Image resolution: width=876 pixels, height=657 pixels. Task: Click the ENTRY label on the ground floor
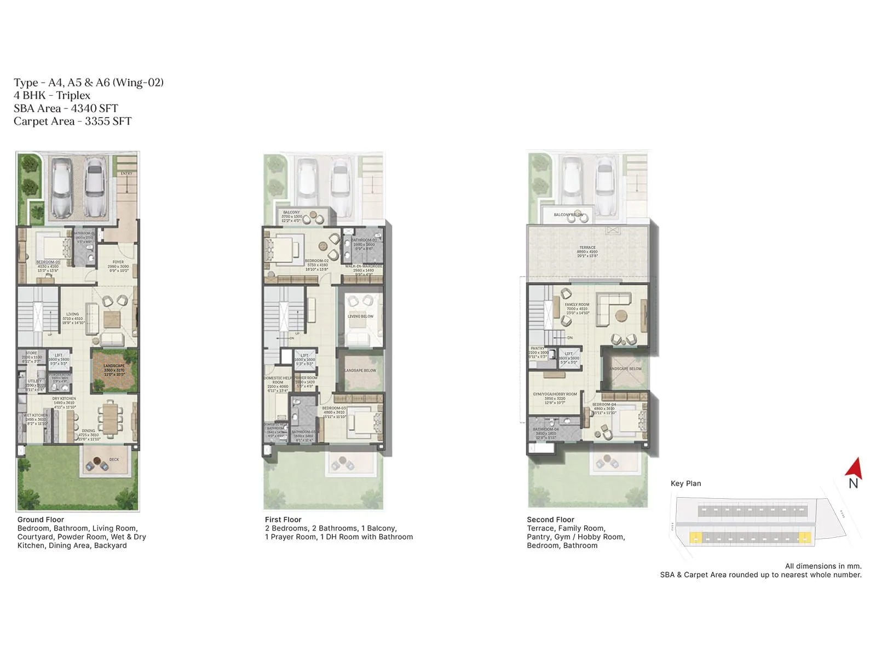[x=126, y=174]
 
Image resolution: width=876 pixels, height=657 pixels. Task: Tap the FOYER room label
[x=118, y=262]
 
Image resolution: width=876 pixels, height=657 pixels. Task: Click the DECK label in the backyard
[x=114, y=459]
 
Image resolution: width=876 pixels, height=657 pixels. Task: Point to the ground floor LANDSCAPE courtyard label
[x=114, y=366]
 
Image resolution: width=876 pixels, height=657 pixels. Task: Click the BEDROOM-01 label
[x=48, y=262]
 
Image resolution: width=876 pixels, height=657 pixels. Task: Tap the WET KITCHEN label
[x=36, y=416]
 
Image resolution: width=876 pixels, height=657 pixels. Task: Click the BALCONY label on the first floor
[x=291, y=212]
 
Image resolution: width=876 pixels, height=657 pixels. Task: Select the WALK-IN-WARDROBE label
[x=364, y=266]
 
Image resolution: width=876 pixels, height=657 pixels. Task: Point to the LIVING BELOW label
[x=360, y=316]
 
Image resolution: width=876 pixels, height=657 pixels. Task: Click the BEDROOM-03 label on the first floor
[x=333, y=408]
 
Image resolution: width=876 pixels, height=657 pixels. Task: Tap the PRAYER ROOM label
[x=306, y=378]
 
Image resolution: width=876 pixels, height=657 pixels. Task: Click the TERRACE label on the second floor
[x=587, y=247]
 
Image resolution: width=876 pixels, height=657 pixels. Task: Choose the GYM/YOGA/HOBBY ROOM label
[x=555, y=394]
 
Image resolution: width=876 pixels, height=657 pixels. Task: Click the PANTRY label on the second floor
[x=537, y=348]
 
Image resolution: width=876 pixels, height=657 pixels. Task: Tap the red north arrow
[x=854, y=469]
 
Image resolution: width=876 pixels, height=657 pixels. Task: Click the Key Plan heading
[x=685, y=483]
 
